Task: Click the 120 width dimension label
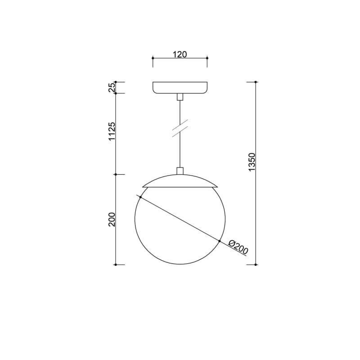[180, 54]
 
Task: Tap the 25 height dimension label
[111, 87]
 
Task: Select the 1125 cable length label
[112, 131]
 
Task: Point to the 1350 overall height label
[252, 162]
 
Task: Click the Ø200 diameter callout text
[238, 247]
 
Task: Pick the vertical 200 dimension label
[112, 220]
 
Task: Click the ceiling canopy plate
[180, 88]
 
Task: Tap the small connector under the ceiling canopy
[180, 97]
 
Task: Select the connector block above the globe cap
[180, 171]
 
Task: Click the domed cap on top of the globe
[180, 181]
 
